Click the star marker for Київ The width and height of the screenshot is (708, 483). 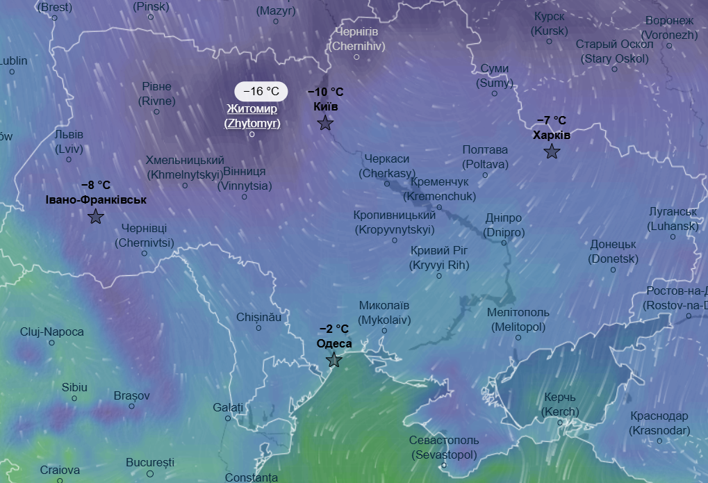(x=325, y=124)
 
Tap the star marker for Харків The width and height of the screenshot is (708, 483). (x=552, y=152)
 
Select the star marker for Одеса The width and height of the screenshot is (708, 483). (x=334, y=360)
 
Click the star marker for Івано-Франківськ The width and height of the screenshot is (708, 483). (x=96, y=217)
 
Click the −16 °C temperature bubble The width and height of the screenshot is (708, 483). (x=261, y=91)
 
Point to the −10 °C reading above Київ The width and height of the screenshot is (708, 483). (x=325, y=92)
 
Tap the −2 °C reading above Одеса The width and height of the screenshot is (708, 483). (x=334, y=329)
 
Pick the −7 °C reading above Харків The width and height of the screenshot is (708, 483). (x=552, y=120)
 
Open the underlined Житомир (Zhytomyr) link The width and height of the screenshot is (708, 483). (x=252, y=116)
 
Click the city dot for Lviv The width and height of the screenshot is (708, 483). (x=69, y=158)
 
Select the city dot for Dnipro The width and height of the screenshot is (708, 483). (x=504, y=243)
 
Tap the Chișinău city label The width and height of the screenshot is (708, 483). (x=258, y=316)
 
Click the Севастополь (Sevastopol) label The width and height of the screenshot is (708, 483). (x=444, y=448)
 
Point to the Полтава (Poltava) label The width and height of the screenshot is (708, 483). (x=485, y=157)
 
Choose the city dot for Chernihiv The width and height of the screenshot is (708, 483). (x=356, y=57)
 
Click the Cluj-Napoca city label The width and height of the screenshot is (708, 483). (x=52, y=332)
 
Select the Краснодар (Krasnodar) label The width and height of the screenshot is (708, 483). (x=659, y=423)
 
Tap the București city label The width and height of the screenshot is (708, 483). (x=150, y=462)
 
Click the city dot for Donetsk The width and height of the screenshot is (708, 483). (x=613, y=270)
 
